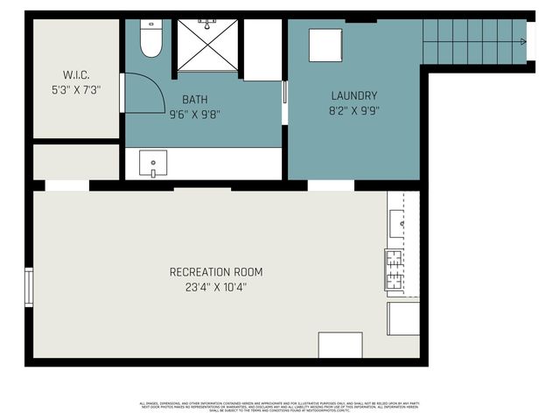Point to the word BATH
pyautogui.click(x=195, y=100)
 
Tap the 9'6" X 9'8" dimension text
pyautogui.click(x=195, y=114)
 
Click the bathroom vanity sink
pyautogui.click(x=154, y=163)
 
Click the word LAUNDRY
pyautogui.click(x=353, y=95)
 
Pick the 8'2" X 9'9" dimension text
pyautogui.click(x=353, y=110)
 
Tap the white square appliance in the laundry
pyautogui.click(x=325, y=44)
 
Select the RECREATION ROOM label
pyautogui.click(x=215, y=272)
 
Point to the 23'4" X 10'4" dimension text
pyautogui.click(x=215, y=287)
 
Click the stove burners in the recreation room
pyautogui.click(x=393, y=269)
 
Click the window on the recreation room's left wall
pyautogui.click(x=30, y=288)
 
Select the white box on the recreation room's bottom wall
pyautogui.click(x=339, y=345)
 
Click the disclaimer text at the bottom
pyautogui.click(x=280, y=407)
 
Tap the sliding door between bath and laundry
pyautogui.click(x=284, y=104)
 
